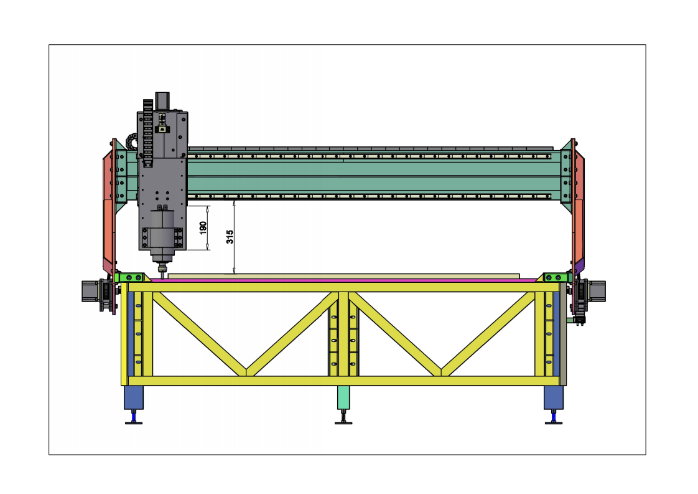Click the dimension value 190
[203, 228]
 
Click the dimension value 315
[230, 237]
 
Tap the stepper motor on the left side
[90, 291]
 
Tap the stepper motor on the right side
[597, 291]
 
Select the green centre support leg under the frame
[343, 397]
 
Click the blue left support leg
[134, 397]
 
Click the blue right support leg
[554, 397]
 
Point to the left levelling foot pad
[134, 422]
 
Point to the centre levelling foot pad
[343, 422]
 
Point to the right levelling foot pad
[554, 422]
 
